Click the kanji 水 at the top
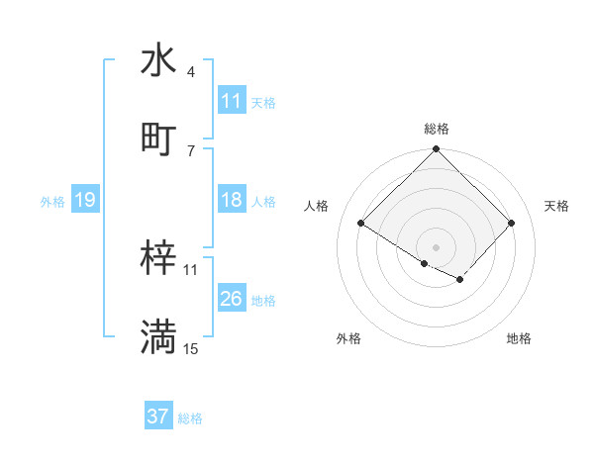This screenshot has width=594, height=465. [158, 60]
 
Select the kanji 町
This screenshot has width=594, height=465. [158, 139]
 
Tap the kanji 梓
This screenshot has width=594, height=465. [158, 258]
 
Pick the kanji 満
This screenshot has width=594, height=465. [158, 336]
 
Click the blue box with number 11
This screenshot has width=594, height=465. [232, 101]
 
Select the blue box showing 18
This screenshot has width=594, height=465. [232, 200]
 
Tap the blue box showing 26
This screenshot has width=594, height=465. [232, 299]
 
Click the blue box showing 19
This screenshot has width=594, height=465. [84, 201]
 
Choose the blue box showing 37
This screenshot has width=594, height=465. [158, 417]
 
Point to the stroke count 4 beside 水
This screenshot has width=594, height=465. [190, 72]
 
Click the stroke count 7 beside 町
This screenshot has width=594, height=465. [190, 150]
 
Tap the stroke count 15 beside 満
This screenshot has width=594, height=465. [190, 348]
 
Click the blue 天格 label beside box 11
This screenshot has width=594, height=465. [263, 102]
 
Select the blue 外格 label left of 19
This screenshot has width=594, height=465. [52, 202]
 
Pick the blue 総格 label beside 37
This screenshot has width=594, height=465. [190, 418]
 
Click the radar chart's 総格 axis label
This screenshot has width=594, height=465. [436, 129]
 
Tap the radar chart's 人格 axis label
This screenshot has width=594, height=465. [317, 206]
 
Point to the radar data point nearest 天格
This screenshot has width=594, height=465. [511, 224]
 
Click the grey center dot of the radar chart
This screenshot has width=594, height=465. [436, 246]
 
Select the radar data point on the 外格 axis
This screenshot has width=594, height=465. [425, 263]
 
